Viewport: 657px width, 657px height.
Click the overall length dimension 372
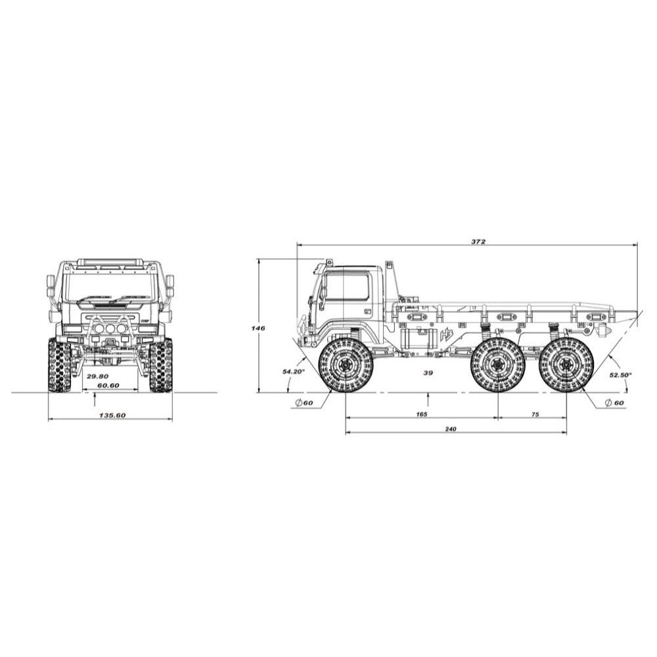coord(478,241)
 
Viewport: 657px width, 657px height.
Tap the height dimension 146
coord(258,328)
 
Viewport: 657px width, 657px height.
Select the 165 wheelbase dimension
coord(422,415)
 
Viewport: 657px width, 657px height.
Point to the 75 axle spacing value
coord(535,415)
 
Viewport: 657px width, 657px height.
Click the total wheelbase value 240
coord(451,428)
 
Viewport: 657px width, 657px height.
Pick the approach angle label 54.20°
coord(294,371)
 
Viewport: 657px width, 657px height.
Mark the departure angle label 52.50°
coord(620,375)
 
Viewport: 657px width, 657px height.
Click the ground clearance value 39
coord(428,373)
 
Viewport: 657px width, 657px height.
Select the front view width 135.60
coord(112,415)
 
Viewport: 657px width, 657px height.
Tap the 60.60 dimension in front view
coord(108,385)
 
